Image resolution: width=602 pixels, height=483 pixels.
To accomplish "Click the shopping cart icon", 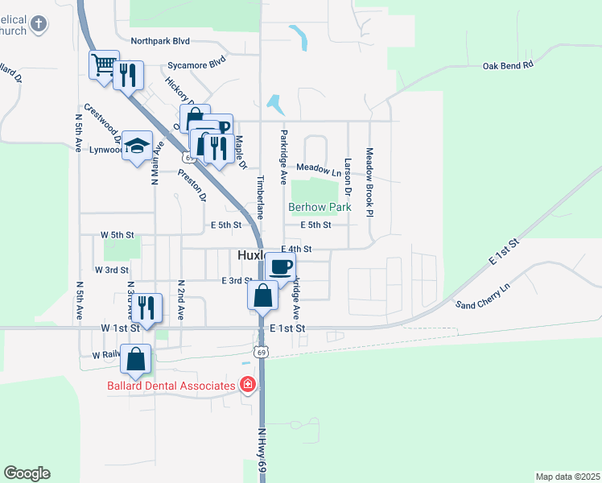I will (x=104, y=65).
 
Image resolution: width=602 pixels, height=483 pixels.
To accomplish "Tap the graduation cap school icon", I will (x=138, y=146).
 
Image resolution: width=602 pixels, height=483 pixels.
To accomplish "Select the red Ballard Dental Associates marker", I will (x=248, y=385).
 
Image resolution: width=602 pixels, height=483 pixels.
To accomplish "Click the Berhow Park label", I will (x=320, y=207).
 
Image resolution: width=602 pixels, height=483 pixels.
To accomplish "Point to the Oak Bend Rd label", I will (x=508, y=65).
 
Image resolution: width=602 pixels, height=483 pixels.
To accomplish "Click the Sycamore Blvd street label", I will (x=196, y=62).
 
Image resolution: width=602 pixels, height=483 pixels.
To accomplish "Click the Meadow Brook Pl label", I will (x=369, y=181).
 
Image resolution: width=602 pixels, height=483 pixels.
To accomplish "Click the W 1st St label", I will (x=121, y=328).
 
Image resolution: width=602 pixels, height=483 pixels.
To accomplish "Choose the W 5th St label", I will (x=117, y=234).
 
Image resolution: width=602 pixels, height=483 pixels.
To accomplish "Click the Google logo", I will (x=27, y=473).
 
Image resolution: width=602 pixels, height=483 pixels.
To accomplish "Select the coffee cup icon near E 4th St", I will (x=280, y=266).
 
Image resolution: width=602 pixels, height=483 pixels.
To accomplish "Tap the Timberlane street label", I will (x=260, y=196).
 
